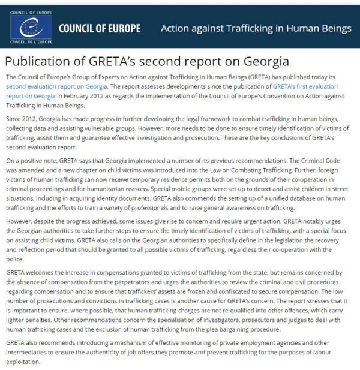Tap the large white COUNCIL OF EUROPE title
coord(100,29)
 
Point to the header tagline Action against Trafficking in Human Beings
coord(256,28)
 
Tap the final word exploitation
coord(25,363)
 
